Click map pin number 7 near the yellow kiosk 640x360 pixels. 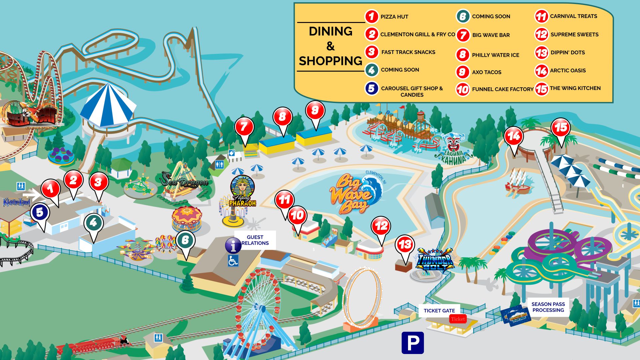click(x=244, y=127)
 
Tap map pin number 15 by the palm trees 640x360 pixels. click(x=561, y=128)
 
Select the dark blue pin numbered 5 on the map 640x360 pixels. click(x=40, y=212)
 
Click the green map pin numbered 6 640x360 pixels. click(x=185, y=240)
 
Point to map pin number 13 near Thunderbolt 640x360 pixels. click(x=405, y=245)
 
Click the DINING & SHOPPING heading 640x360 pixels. click(x=330, y=46)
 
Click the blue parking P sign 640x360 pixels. click(x=413, y=343)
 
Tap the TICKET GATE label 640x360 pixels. click(x=439, y=311)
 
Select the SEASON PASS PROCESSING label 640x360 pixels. click(x=548, y=307)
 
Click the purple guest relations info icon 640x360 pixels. click(x=233, y=246)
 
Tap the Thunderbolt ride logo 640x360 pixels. click(x=435, y=259)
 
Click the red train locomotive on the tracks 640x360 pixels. click(x=123, y=341)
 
